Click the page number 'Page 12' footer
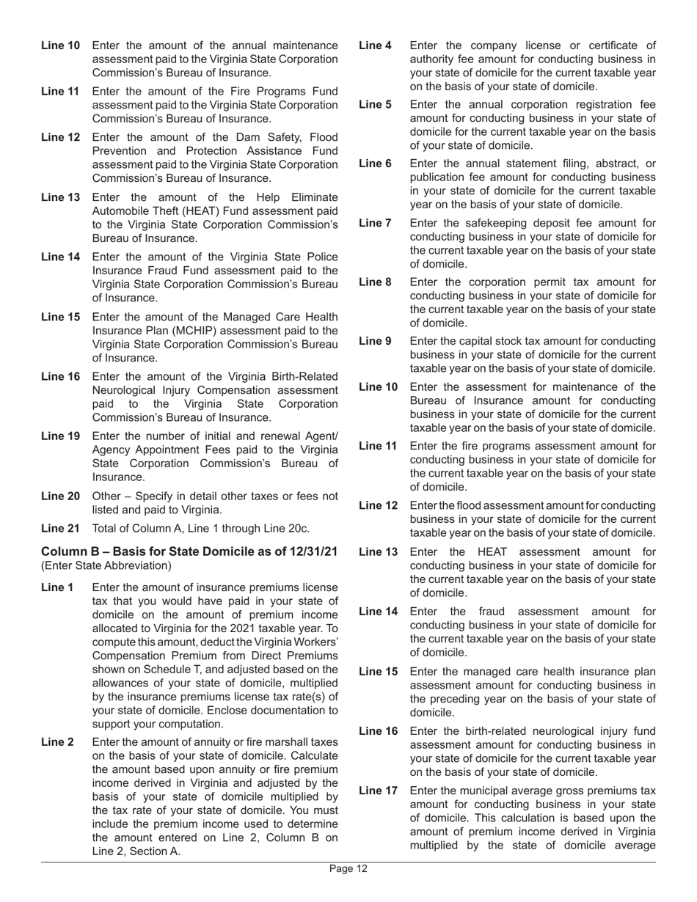tap(348, 869)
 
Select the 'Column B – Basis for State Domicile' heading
tap(189, 551)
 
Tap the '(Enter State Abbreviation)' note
tap(106, 565)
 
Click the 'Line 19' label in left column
tap(60, 436)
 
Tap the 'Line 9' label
tap(375, 341)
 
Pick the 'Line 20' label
tap(60, 496)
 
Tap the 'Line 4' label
tap(375, 45)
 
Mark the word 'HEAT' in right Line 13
tap(492, 552)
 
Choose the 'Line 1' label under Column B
tap(57, 587)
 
